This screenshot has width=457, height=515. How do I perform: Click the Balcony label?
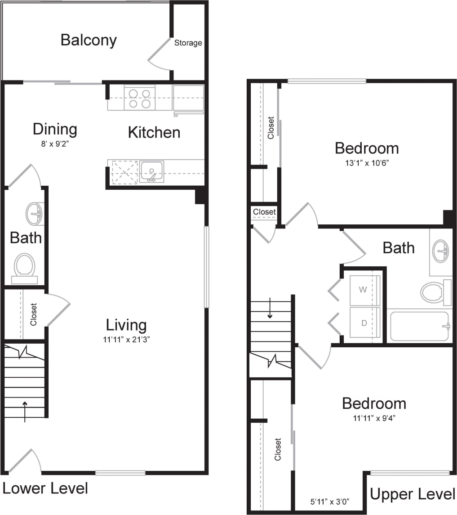click(89, 40)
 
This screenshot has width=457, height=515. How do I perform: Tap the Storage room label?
click(188, 43)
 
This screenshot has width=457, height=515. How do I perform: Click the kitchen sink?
click(151, 172)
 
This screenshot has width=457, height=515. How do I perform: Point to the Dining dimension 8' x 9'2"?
click(55, 145)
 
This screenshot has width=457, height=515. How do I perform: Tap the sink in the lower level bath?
click(35, 213)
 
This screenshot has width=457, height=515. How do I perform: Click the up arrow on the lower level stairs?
click(25, 411)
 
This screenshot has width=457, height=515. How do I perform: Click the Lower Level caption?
click(45, 488)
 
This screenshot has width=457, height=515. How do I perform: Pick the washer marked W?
click(363, 290)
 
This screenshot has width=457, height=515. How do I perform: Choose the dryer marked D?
click(363, 323)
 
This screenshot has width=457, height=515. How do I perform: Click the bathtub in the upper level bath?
click(419, 326)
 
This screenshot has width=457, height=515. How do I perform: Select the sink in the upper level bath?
click(440, 251)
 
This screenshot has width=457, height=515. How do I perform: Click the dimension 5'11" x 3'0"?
click(330, 501)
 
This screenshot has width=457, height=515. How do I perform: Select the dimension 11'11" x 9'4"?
click(374, 418)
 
